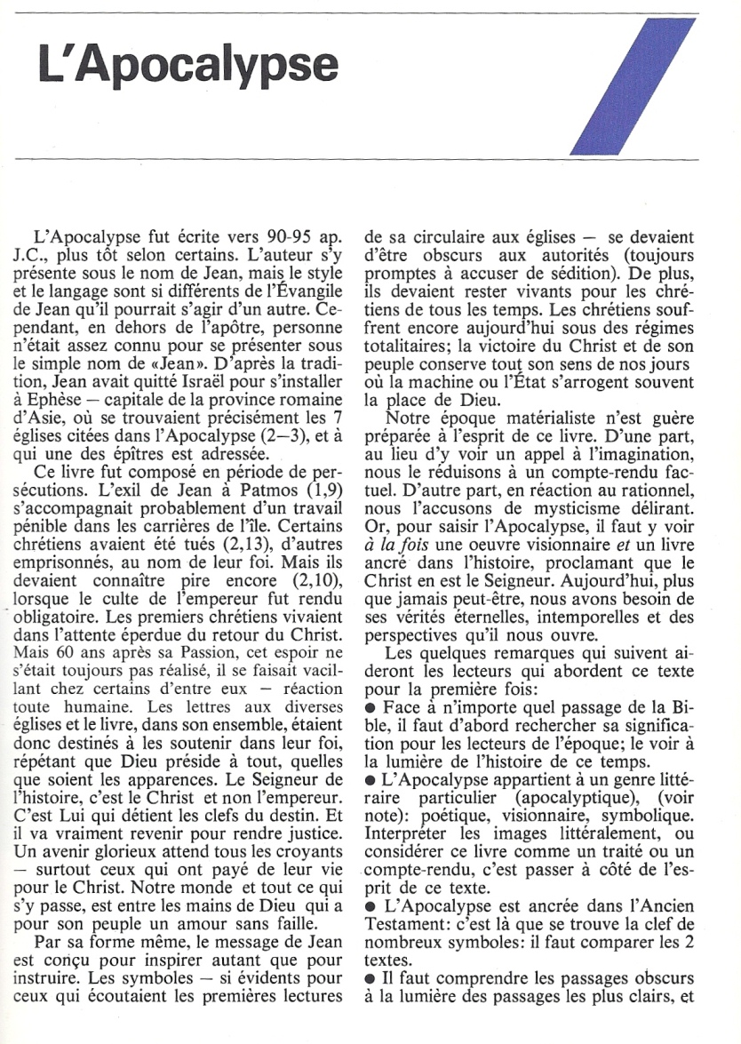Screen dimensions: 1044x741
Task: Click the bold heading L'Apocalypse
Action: (188, 66)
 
